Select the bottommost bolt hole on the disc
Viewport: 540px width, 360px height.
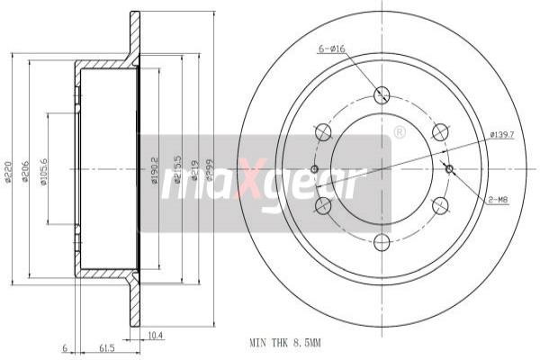tap(382, 241)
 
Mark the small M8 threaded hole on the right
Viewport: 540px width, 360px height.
tap(450, 168)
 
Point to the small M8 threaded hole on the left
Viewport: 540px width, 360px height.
tap(314, 168)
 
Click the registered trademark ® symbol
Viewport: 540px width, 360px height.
tap(400, 132)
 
